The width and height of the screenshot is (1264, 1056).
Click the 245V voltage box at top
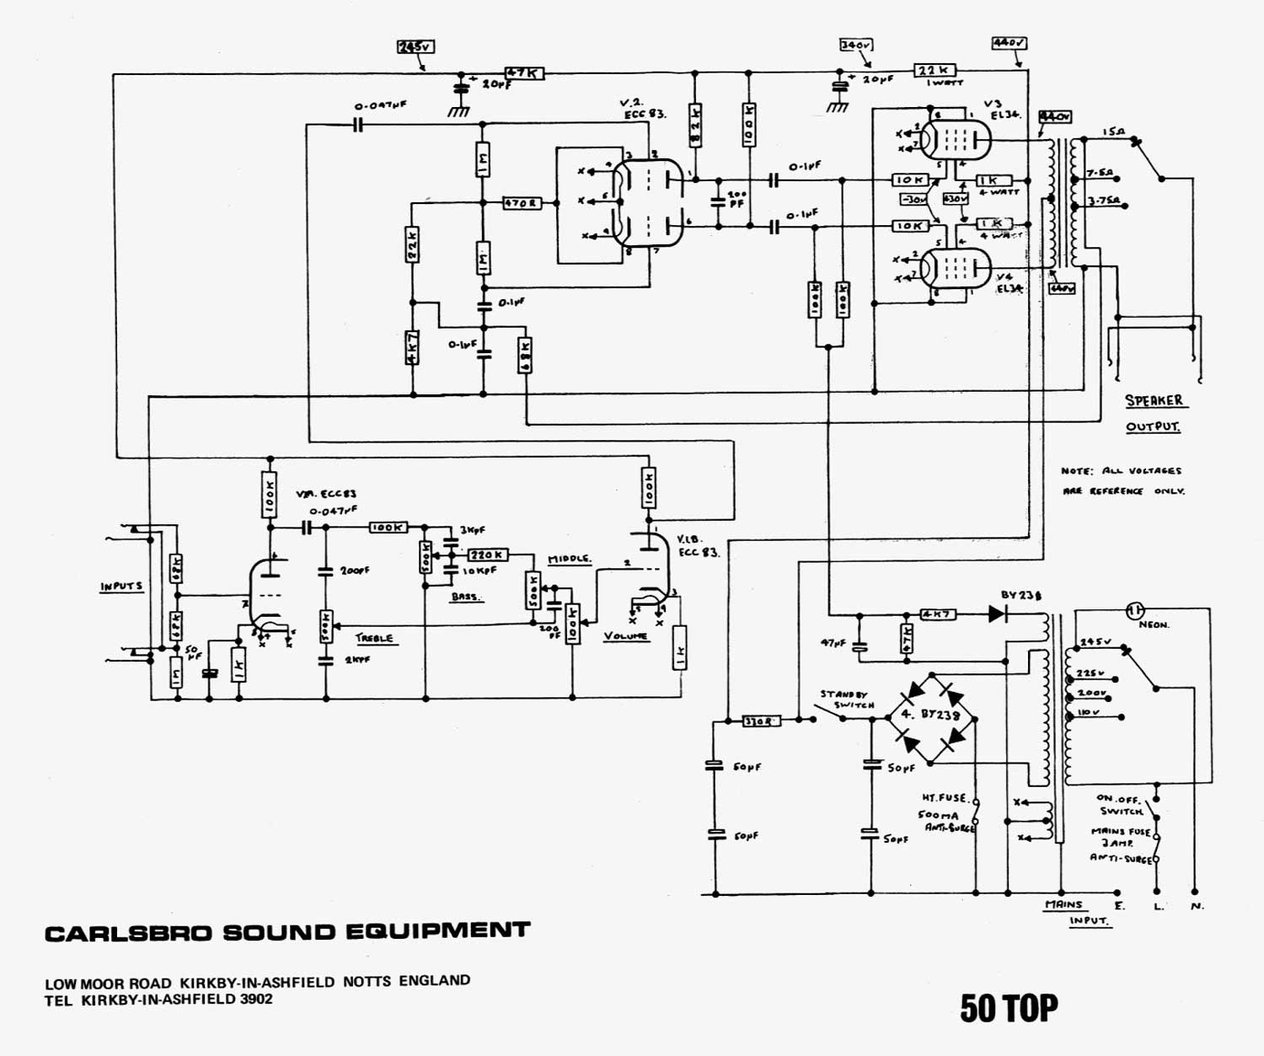(416, 47)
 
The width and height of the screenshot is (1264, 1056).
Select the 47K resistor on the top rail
(523, 73)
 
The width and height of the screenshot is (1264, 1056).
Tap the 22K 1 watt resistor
(935, 71)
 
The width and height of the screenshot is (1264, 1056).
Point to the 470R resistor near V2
(522, 203)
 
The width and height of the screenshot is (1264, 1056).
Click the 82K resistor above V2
(695, 121)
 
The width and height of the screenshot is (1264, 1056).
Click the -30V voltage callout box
(913, 200)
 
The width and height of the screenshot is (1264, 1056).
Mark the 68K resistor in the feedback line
(525, 356)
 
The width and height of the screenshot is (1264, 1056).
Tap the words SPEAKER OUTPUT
(1154, 413)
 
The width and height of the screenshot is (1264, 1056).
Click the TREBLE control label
(373, 638)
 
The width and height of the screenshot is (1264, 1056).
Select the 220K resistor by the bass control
(487, 555)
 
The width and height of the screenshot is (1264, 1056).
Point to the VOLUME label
(626, 636)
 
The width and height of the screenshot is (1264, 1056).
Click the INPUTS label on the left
(121, 586)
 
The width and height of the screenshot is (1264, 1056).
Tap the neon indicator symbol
(1135, 609)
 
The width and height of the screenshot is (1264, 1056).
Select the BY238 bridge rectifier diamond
(929, 719)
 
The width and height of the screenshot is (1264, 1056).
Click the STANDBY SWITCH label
(848, 700)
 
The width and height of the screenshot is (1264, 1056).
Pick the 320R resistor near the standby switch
(761, 721)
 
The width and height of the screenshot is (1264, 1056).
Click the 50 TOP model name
(1009, 1008)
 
